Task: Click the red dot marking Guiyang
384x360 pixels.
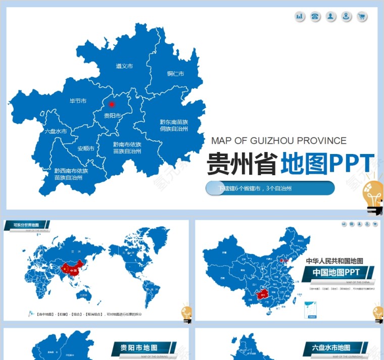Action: coord(112,105)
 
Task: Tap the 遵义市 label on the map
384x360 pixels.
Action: coord(124,66)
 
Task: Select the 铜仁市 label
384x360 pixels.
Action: coord(175,74)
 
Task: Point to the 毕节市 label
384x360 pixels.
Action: coord(78,101)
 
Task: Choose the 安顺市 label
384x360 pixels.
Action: coord(86,148)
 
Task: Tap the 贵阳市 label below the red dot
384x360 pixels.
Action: coord(112,116)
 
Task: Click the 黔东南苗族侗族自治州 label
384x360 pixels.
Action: coord(174,125)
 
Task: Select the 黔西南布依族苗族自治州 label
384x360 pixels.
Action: coord(71,174)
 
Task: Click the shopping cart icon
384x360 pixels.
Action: coord(362,17)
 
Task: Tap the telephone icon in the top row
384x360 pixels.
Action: coord(315,17)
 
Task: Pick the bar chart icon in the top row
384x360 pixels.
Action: coord(300,17)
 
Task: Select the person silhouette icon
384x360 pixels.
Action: coord(330,17)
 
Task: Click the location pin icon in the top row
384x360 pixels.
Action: coord(346,17)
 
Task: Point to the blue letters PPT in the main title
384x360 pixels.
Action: coord(352,164)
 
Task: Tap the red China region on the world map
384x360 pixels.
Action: coord(70,271)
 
